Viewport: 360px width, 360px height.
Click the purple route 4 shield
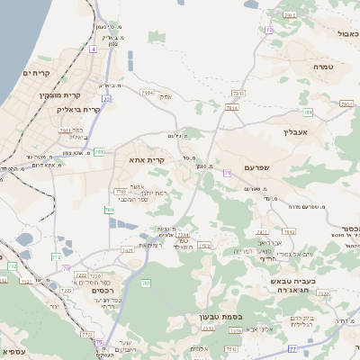click(93, 49)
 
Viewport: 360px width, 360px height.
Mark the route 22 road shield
click(107, 99)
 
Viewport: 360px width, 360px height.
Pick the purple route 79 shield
click(228, 172)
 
